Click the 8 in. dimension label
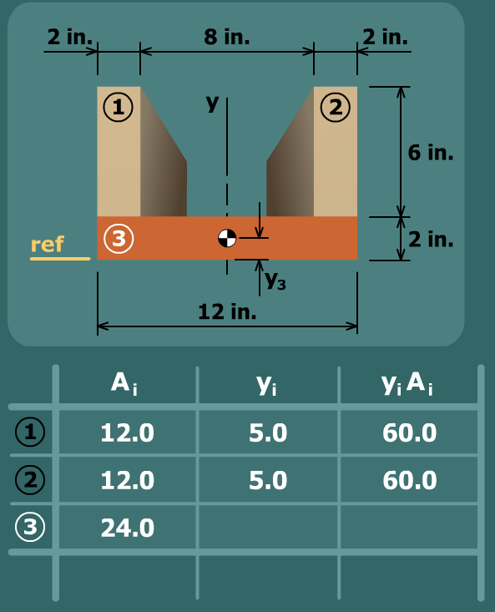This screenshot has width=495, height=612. (x=226, y=37)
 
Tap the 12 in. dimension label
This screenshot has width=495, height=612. (x=227, y=311)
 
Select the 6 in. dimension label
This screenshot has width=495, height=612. (x=431, y=152)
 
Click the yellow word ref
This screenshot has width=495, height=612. (x=48, y=245)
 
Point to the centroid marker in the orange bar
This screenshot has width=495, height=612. (x=227, y=238)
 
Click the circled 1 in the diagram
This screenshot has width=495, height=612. (x=119, y=107)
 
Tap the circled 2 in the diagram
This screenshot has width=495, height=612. (x=336, y=107)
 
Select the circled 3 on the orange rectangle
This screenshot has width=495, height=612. (x=119, y=239)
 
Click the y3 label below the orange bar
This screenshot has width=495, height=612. (x=275, y=281)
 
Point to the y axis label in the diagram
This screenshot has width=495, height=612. (x=213, y=103)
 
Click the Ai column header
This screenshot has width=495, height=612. (x=124, y=384)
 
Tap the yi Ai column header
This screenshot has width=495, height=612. (x=407, y=384)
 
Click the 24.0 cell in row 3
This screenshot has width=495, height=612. (x=128, y=528)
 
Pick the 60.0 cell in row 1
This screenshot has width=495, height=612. (x=410, y=432)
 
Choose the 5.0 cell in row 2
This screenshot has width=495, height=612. (x=268, y=480)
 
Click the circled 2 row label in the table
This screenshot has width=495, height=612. (x=30, y=479)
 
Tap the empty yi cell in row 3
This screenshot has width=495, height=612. (x=268, y=528)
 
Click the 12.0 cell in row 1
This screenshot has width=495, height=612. (x=128, y=432)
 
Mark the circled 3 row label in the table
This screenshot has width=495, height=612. (x=30, y=527)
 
